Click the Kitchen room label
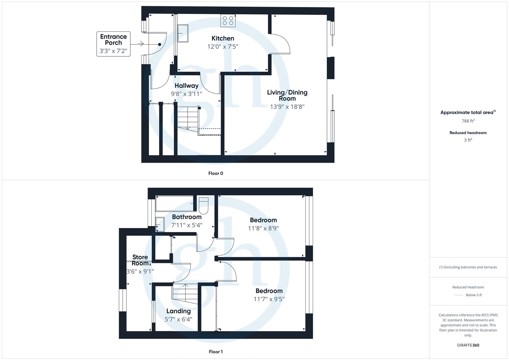point(223,38)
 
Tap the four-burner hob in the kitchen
point(228,21)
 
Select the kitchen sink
point(183,33)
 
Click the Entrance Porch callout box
point(113,44)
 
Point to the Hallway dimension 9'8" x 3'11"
point(186,94)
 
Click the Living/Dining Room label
point(287,95)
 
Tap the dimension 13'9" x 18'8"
point(287,107)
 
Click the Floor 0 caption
point(216,173)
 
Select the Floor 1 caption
point(216,352)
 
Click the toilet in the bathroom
point(203,206)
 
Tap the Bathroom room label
point(187,217)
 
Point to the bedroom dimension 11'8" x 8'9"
point(263,228)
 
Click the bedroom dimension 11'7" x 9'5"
point(269,299)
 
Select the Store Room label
point(140,260)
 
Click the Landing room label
point(178,311)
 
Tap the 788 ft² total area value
point(468,121)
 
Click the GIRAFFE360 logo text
point(468,345)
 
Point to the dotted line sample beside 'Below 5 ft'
point(459,295)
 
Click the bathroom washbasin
point(160,224)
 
